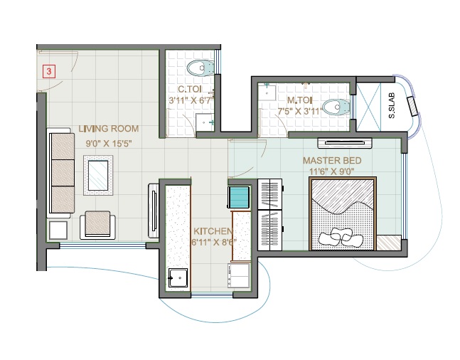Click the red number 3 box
pos(48,71)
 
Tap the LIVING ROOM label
pos(108,129)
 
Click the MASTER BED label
pos(332,160)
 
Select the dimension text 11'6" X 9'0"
pos(333,171)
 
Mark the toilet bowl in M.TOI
pos(334,107)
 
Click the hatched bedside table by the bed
pos(388,242)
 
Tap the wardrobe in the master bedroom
pos(270,216)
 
